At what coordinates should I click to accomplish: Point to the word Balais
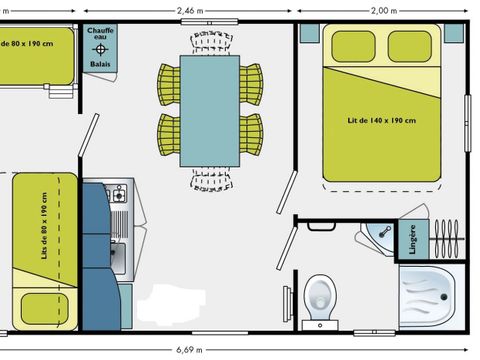(x=100, y=62)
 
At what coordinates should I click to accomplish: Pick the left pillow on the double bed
(x=347, y=45)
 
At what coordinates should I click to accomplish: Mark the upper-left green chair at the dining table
(x=168, y=78)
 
